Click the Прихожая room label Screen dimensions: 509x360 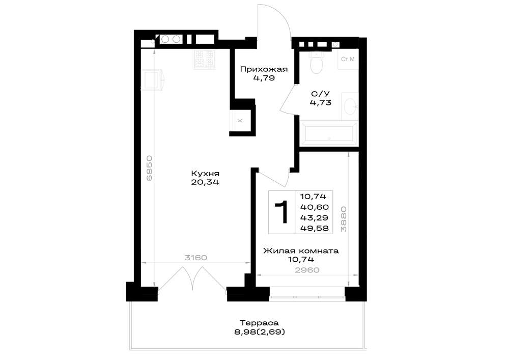click(264, 69)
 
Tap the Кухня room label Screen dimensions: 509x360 click(205, 173)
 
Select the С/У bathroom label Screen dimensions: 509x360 click(320, 94)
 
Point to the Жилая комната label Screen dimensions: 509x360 click(301, 251)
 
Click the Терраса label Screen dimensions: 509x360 click(260, 323)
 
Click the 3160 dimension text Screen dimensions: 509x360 click(196, 258)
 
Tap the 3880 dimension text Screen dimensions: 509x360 click(343, 219)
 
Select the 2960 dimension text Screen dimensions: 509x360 click(307, 270)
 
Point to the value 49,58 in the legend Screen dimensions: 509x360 click(315, 228)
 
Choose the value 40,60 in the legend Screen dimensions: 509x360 click(315, 207)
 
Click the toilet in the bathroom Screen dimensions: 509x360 click(317, 62)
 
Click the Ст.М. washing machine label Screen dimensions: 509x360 click(348, 60)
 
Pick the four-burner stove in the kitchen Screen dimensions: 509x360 click(205, 59)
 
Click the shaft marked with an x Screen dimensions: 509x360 click(240, 121)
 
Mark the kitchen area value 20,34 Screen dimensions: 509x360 click(205, 182)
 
